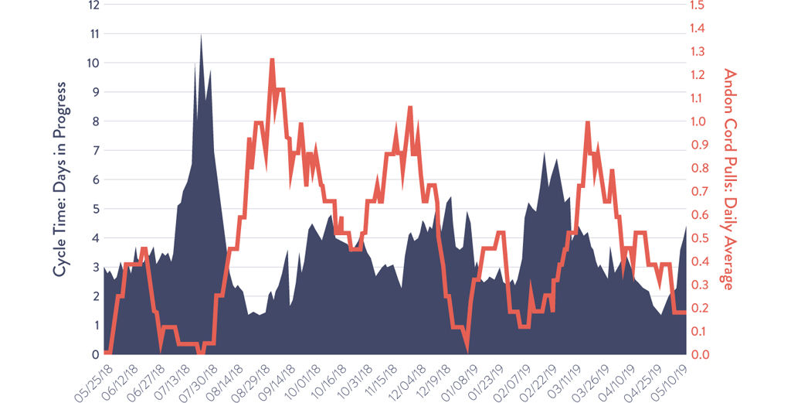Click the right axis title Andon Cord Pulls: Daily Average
coord(728,179)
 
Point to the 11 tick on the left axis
coord(94,34)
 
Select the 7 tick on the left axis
coord(95,151)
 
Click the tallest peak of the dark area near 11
coord(202,35)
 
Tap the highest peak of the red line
coord(272,60)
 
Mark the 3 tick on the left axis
coord(95,268)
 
